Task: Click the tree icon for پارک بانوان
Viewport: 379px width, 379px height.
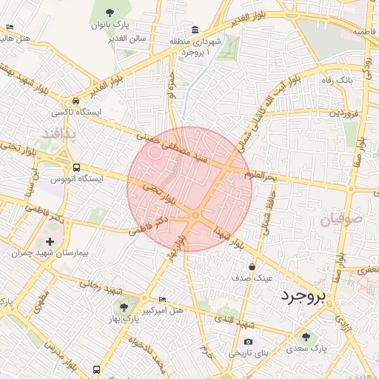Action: click(110, 12)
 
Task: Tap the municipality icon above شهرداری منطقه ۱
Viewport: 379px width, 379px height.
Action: click(194, 30)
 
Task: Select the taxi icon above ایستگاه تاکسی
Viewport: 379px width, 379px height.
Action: click(76, 102)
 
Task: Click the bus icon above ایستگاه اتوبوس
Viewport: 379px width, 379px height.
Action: click(77, 167)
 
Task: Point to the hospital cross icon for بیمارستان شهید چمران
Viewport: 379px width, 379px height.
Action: click(50, 241)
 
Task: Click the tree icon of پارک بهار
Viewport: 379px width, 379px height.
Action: click(124, 306)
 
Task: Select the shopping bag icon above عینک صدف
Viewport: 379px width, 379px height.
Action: click(252, 266)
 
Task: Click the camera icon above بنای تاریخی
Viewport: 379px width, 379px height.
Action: click(248, 341)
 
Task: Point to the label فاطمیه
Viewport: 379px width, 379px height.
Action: click(363, 33)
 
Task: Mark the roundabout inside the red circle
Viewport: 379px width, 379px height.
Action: click(195, 215)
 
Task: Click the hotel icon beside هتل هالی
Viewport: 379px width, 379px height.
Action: click(9, 27)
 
